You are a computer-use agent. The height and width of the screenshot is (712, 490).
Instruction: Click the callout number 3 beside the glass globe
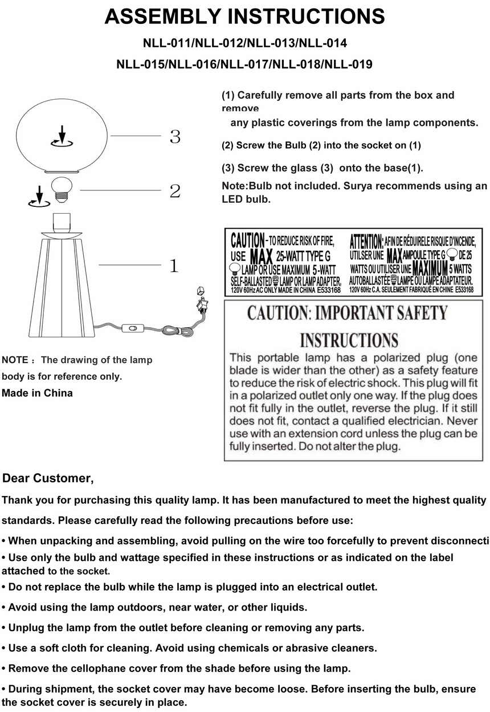[x=175, y=137]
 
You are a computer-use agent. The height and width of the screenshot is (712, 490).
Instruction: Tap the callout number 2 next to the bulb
[x=175, y=191]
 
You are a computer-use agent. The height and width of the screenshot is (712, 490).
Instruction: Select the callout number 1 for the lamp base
[x=174, y=266]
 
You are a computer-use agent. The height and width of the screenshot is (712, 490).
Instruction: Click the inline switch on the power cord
[x=135, y=328]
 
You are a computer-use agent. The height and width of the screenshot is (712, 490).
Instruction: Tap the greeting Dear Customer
[x=48, y=478]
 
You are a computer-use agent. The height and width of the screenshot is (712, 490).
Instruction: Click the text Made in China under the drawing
[x=38, y=393]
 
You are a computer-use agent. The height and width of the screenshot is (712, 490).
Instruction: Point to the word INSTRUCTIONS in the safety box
[x=349, y=340]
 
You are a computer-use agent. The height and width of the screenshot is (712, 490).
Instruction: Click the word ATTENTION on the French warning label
[x=366, y=240]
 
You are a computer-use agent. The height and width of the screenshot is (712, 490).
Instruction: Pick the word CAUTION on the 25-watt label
[x=247, y=240]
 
